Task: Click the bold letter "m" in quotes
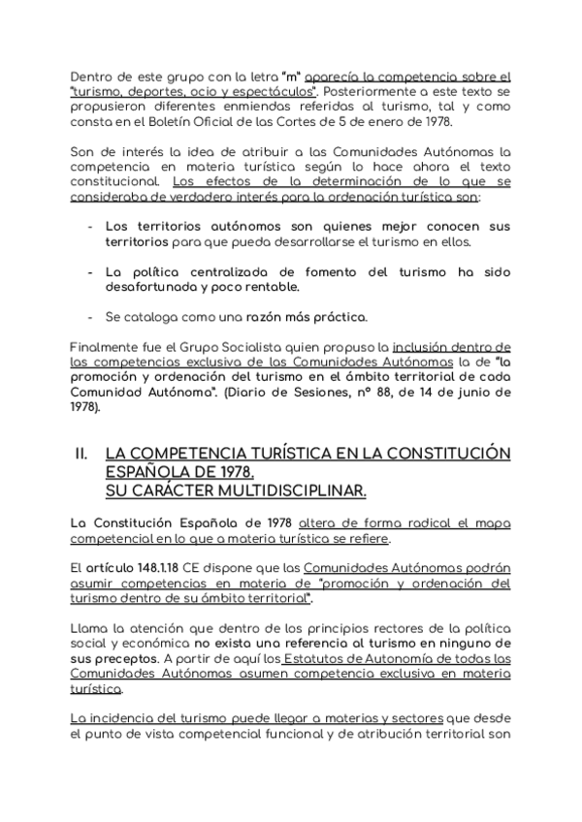click(x=288, y=76)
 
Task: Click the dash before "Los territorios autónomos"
click(x=90, y=225)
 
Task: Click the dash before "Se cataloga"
click(x=90, y=317)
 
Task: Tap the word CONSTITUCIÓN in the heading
click(x=440, y=453)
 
